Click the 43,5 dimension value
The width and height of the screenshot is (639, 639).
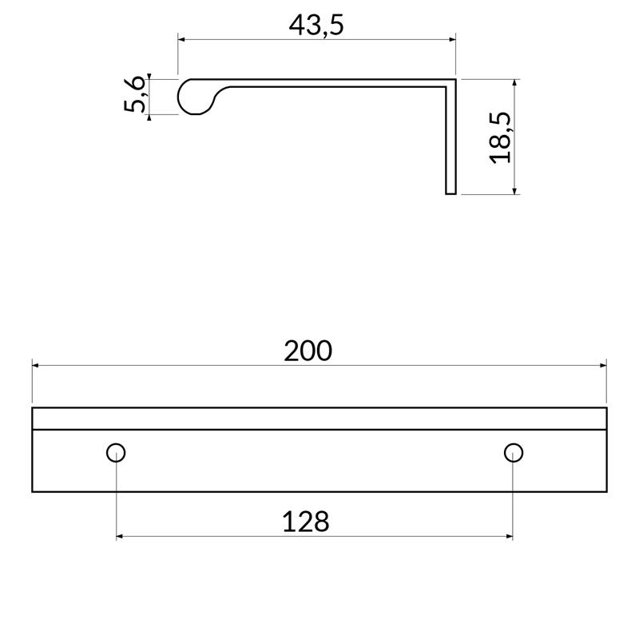pyautogui.click(x=316, y=25)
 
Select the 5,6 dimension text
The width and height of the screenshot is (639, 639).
pyautogui.click(x=135, y=96)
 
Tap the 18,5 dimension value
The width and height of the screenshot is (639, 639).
pyautogui.click(x=500, y=137)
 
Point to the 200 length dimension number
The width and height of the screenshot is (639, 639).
pyautogui.click(x=308, y=351)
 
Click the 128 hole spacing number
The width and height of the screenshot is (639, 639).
pyautogui.click(x=305, y=522)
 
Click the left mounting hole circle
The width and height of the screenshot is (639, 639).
pyautogui.click(x=116, y=453)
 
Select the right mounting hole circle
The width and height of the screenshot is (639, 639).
pyautogui.click(x=513, y=453)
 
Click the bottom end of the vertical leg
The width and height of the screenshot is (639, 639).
pyautogui.click(x=450, y=192)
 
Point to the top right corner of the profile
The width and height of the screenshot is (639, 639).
pyautogui.click(x=454, y=80)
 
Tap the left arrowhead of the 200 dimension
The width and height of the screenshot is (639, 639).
pyautogui.click(x=36, y=365)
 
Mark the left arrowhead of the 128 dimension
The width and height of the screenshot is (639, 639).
pyautogui.click(x=121, y=536)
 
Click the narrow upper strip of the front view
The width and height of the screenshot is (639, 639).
pyautogui.click(x=319, y=419)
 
